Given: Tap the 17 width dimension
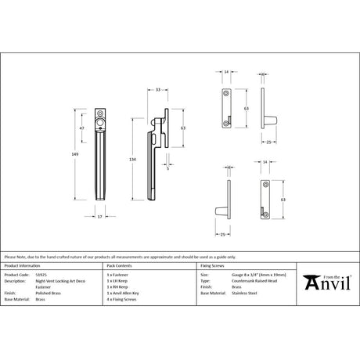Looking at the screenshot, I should point(99,216).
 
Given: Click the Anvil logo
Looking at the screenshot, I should point(325,281).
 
